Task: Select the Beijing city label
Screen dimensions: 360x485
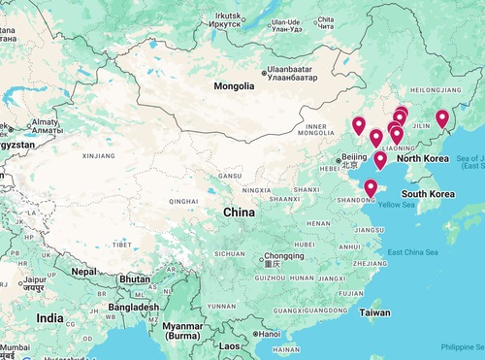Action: coord(355,157)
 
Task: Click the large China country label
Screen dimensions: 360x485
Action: coord(239,213)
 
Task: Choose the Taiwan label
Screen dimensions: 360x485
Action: coord(374,312)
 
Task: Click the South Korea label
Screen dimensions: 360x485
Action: coord(429,194)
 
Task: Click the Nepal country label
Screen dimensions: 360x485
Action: coord(83,272)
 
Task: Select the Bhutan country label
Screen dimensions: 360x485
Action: coord(134,278)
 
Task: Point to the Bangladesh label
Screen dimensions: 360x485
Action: coord(134,307)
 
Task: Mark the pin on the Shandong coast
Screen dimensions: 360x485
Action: coord(371,188)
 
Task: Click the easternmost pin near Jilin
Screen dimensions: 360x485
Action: coord(442,118)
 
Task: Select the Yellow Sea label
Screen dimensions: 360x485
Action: coord(396,205)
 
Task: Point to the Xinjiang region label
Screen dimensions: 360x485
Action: coord(99,154)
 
